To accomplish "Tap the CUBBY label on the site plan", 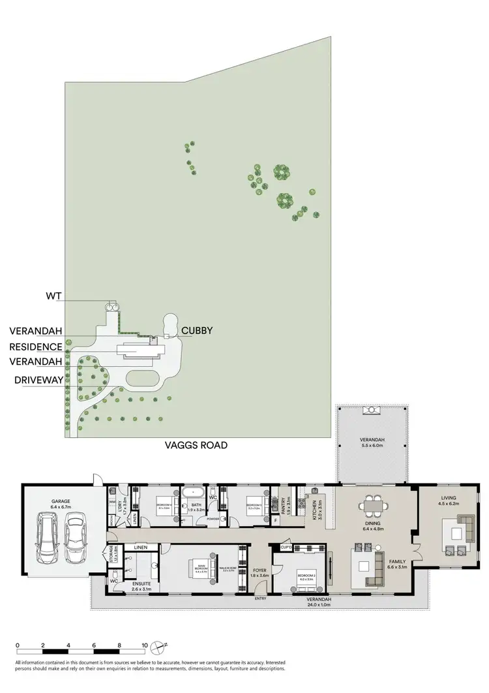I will point(195,331).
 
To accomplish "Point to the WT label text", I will point(53,296).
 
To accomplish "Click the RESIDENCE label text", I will point(37,346).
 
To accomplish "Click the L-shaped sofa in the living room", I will point(460,529).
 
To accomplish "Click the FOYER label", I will point(259,570).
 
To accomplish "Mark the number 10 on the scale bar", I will point(145,645).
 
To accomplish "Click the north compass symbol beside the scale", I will point(157,648).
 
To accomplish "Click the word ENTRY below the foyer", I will point(261,598).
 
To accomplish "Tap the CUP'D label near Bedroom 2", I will point(286,547).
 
